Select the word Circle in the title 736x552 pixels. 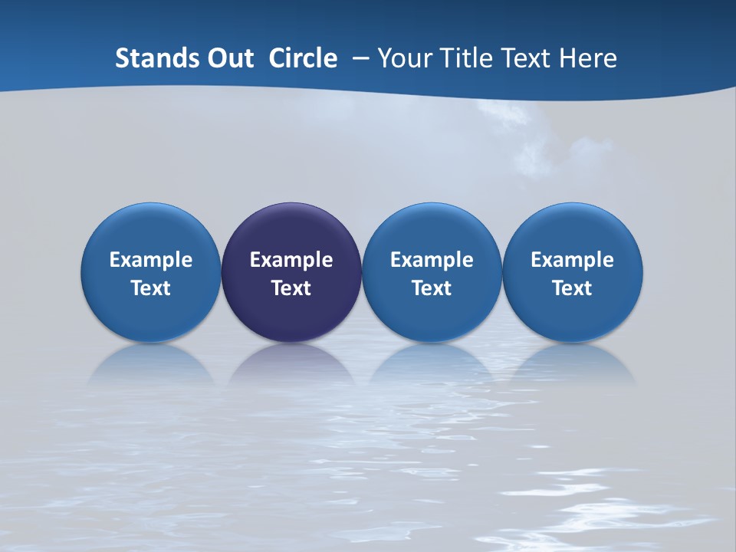pyautogui.click(x=303, y=58)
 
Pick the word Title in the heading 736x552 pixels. pyautogui.click(x=462, y=58)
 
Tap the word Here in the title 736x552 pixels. pyautogui.click(x=588, y=58)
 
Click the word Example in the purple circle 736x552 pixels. pyautogui.click(x=291, y=261)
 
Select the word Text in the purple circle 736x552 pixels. pyautogui.click(x=291, y=288)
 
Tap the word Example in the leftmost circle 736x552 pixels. pyautogui.click(x=151, y=261)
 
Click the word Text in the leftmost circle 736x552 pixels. pyautogui.click(x=151, y=288)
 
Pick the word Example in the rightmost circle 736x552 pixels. pyautogui.click(x=572, y=261)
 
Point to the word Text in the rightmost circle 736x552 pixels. pyautogui.click(x=572, y=288)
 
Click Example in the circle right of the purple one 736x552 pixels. pyautogui.click(x=432, y=261)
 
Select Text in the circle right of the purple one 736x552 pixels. pyautogui.click(x=432, y=288)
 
